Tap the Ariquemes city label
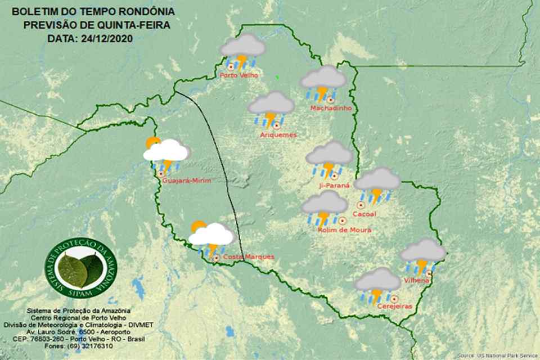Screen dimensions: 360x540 click(x=278, y=135)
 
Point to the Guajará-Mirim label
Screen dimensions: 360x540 click(x=186, y=181)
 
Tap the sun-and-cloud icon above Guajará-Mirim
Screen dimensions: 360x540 click(x=165, y=152)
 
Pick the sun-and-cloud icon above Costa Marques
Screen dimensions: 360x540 click(x=210, y=236)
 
